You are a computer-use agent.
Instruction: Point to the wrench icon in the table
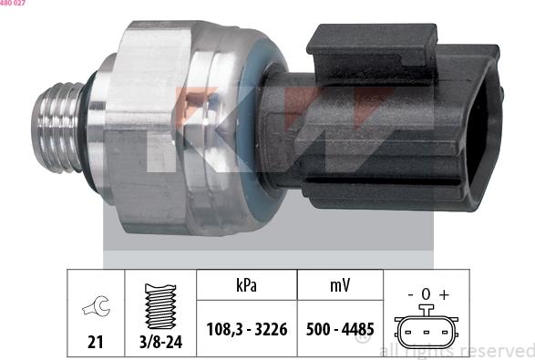point(96,309)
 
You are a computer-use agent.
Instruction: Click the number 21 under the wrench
point(96,343)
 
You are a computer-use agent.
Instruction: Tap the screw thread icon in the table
point(161,304)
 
